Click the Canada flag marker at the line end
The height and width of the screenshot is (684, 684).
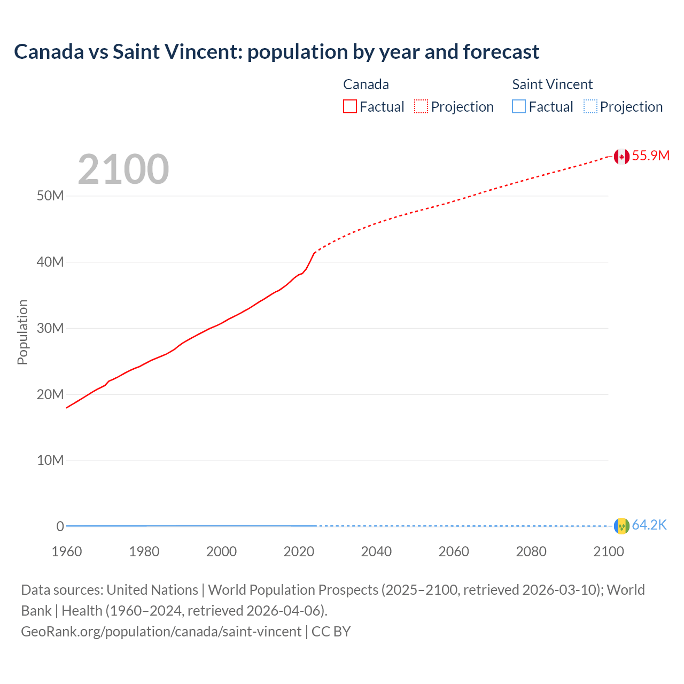coord(621,157)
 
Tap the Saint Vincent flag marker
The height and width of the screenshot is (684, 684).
coord(621,526)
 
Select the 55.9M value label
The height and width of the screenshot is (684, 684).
coord(650,156)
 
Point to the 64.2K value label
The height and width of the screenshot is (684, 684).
coord(649,525)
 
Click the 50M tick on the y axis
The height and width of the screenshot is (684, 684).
coord(50,196)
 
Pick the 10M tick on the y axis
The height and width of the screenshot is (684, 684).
coord(50,460)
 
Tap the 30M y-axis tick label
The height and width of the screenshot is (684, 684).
coord(50,328)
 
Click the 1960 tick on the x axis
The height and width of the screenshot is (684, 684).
coord(67,551)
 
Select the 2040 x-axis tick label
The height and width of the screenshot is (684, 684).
coord(376,551)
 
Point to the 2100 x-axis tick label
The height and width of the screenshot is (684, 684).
coord(609,551)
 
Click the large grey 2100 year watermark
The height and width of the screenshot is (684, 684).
coord(123,169)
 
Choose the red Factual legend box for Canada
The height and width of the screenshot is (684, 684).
coord(349,107)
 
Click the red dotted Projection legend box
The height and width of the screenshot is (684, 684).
coord(421,107)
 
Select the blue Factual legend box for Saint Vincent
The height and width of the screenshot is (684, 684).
coord(519,107)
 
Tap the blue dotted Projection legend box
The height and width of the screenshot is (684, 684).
coord(590,107)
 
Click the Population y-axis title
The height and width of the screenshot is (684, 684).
coord(22,332)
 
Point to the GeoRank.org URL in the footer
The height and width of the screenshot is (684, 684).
coord(161,632)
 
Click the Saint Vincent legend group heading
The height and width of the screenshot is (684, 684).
coord(552,84)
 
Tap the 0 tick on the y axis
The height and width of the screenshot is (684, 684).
coord(60,526)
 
